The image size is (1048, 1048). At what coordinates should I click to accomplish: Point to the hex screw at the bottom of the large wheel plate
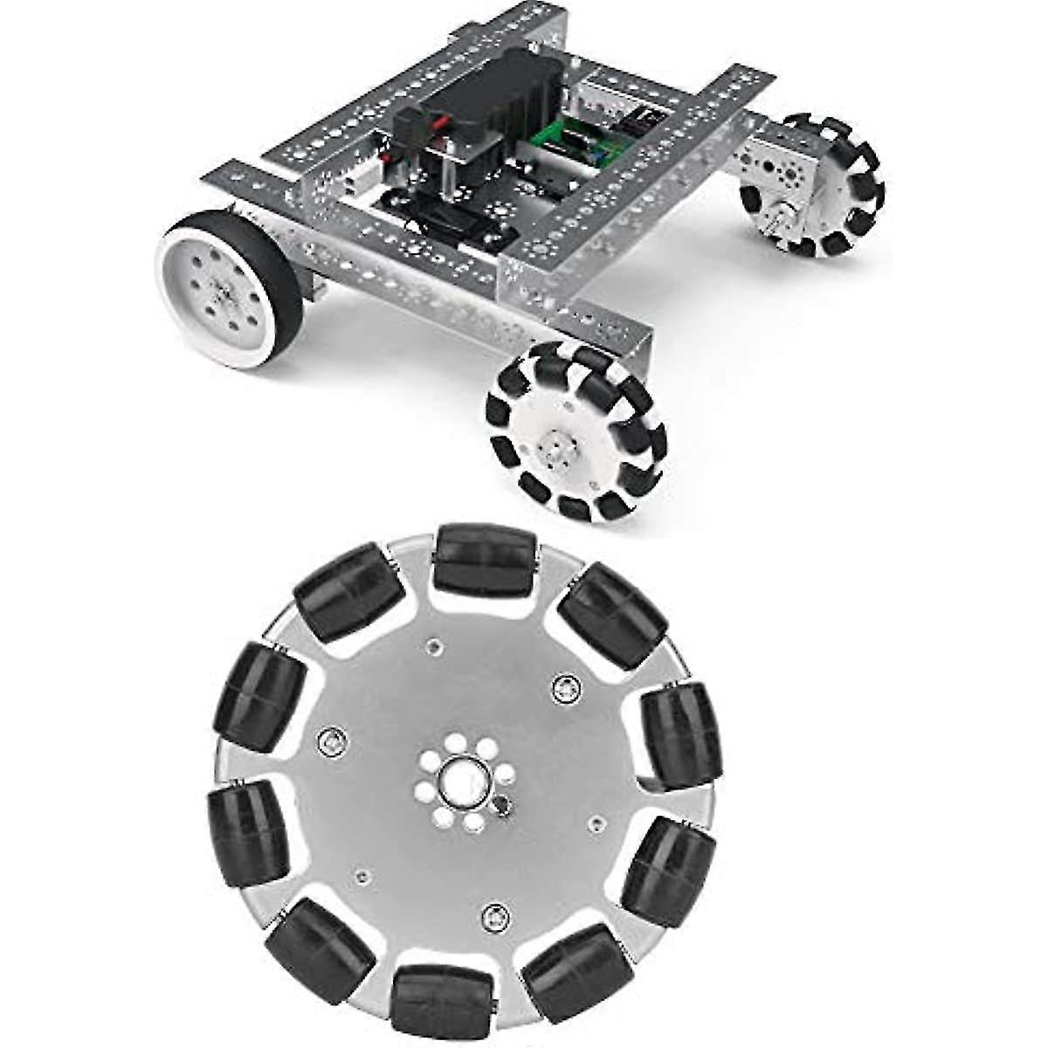coord(493,915)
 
